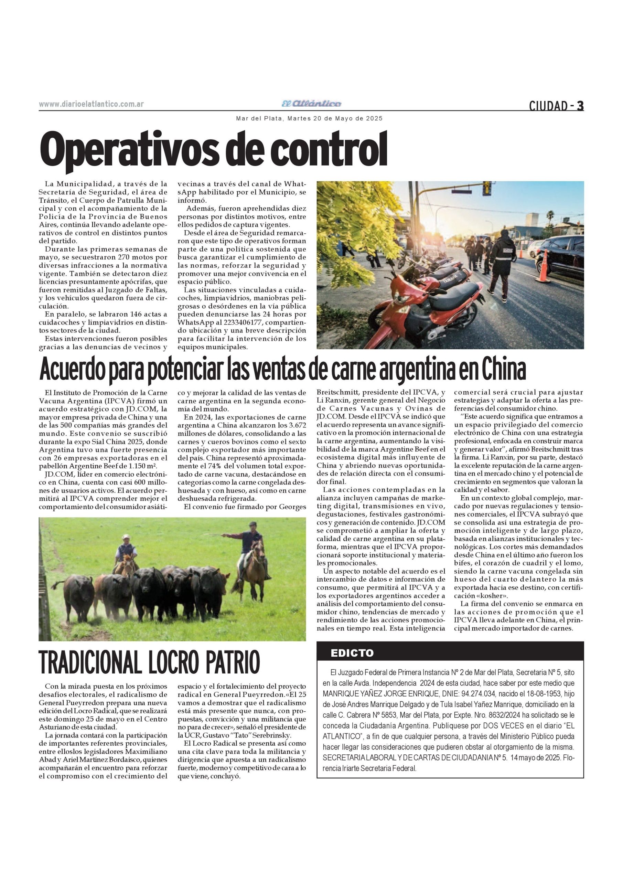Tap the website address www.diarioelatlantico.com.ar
[x=91, y=104]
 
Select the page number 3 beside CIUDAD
[x=580, y=106]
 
